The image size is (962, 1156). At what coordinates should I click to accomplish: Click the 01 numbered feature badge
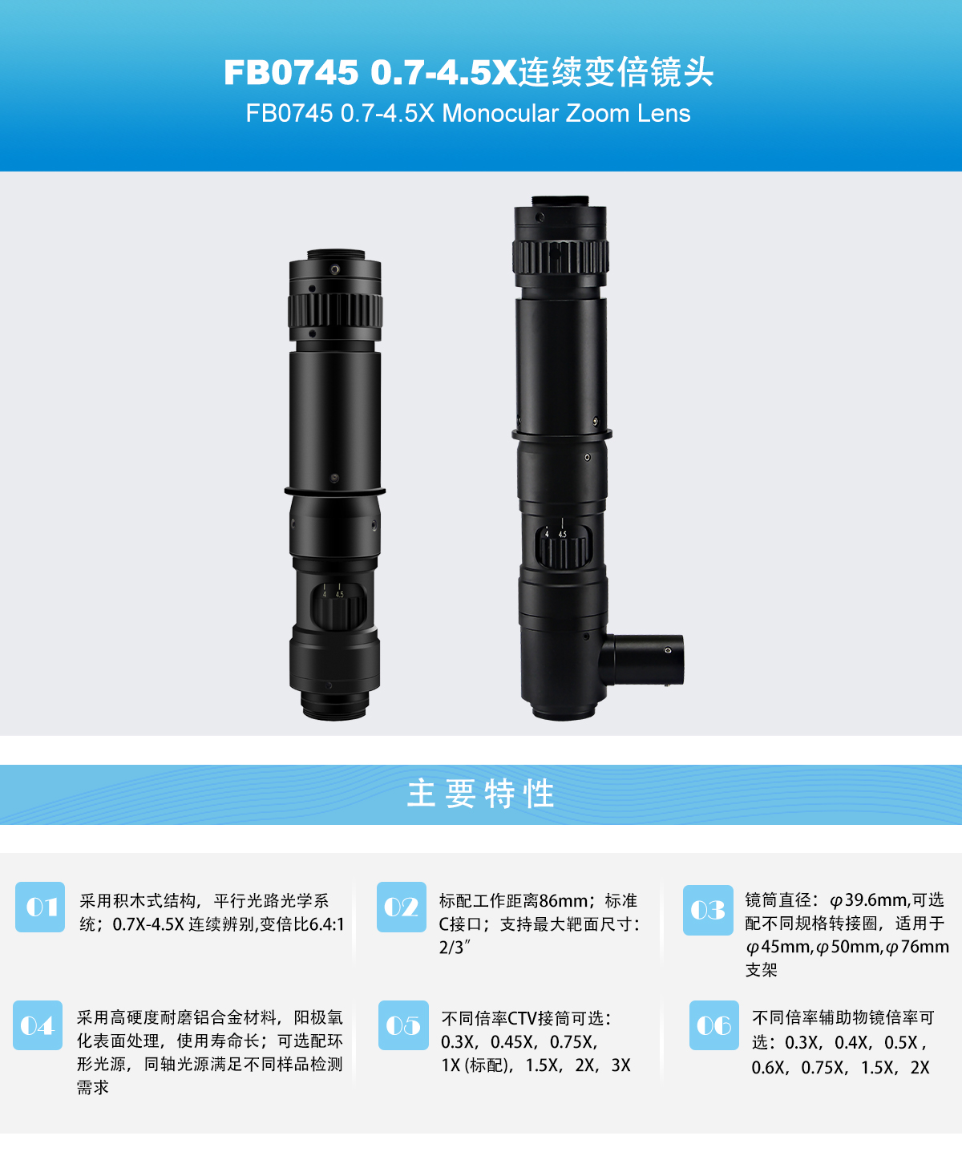(x=40, y=907)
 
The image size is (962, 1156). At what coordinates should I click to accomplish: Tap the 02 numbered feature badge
(x=402, y=907)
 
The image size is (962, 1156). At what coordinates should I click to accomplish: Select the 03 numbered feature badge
(x=708, y=910)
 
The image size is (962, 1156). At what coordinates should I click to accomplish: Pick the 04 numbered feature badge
(x=38, y=1025)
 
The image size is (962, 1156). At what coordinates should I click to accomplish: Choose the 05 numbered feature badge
(x=403, y=1025)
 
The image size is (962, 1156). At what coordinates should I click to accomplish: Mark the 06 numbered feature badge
(x=714, y=1025)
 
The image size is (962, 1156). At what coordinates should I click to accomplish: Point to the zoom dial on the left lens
(x=338, y=606)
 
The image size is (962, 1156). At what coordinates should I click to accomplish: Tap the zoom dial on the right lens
(x=563, y=547)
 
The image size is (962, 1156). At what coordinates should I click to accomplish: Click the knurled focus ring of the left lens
(x=335, y=310)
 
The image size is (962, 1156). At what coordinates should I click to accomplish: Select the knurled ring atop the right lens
(x=560, y=257)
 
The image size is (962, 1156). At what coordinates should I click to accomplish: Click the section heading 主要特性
(x=481, y=794)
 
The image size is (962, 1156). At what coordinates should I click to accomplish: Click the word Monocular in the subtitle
(x=500, y=114)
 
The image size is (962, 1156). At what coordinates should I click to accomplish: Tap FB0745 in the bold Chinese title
(x=291, y=72)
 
